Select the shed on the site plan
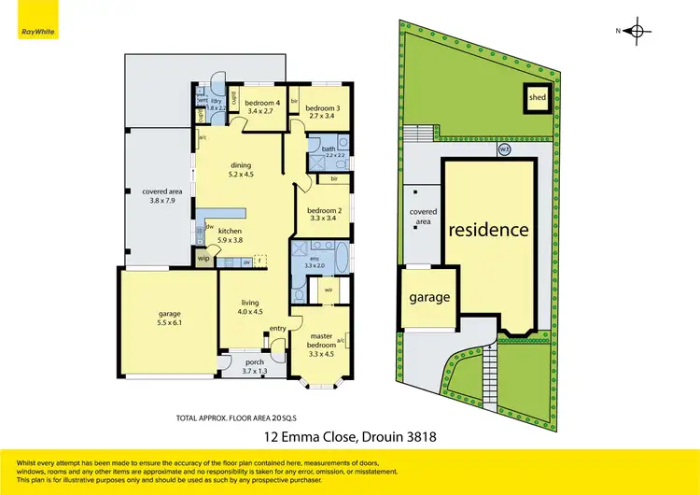click(x=537, y=97)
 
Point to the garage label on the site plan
click(x=429, y=298)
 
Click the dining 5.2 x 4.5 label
click(x=242, y=169)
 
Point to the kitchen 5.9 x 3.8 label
click(x=231, y=234)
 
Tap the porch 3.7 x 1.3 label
click(x=254, y=366)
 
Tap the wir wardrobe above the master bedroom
click(x=329, y=290)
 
